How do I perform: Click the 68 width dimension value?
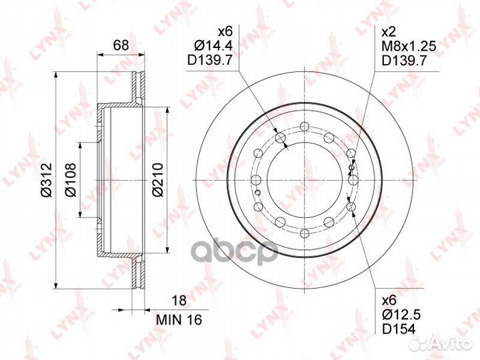121,45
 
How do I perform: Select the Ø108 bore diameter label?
70,180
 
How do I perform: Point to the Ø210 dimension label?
157,180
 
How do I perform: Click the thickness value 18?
179,300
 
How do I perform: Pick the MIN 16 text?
179,320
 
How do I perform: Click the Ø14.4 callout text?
213,45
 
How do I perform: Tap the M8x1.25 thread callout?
409,46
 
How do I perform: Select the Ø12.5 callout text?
401,315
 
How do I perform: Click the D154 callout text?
399,329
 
